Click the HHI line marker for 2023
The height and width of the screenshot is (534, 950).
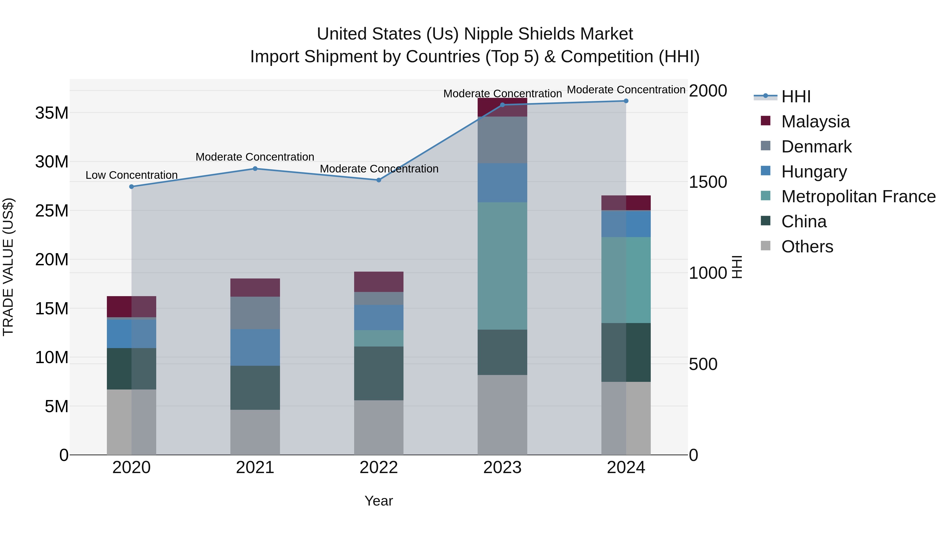click(502, 105)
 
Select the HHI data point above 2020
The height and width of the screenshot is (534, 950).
click(132, 186)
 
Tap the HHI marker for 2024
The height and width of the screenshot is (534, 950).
click(626, 101)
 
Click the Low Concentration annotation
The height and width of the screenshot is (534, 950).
click(132, 175)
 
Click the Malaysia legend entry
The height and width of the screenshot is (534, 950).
click(815, 122)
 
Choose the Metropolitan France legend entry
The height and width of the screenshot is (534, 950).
click(858, 196)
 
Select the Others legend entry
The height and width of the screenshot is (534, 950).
click(807, 247)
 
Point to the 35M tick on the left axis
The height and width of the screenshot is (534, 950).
click(52, 113)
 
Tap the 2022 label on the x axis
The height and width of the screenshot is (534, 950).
click(378, 468)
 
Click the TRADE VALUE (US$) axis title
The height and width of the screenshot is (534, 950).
click(8, 267)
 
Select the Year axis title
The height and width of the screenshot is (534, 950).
click(378, 501)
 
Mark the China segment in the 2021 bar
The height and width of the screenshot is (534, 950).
click(255, 387)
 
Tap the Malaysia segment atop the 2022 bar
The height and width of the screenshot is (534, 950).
click(378, 282)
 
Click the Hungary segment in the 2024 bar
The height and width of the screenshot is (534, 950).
click(626, 224)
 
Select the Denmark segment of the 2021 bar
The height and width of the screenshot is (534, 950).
click(255, 313)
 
